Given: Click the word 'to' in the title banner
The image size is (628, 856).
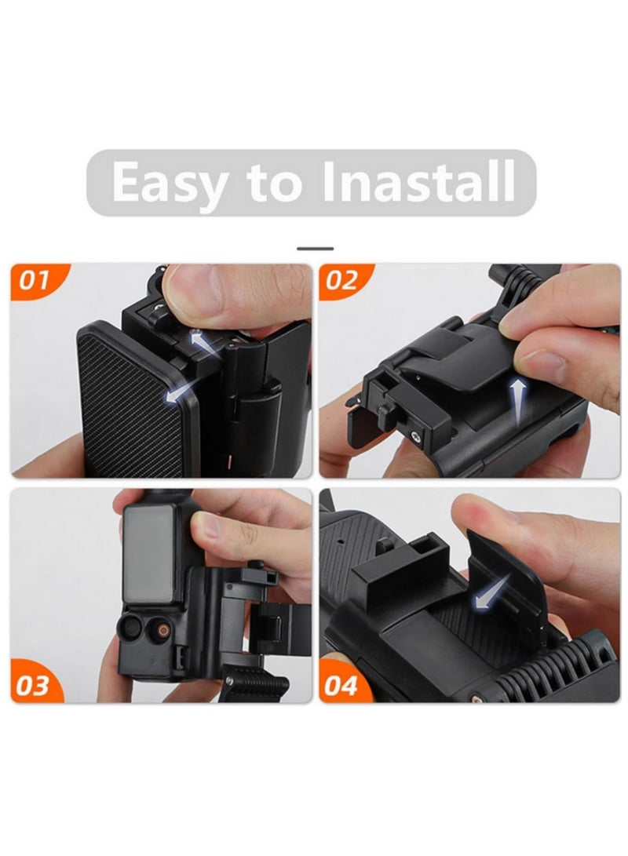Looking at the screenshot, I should (274, 182).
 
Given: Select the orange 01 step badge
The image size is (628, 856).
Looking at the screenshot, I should (35, 280).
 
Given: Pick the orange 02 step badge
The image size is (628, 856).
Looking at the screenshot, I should (342, 280).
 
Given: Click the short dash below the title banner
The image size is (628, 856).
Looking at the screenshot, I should (315, 249).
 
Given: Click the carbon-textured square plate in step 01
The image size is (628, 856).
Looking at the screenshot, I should (130, 400).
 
